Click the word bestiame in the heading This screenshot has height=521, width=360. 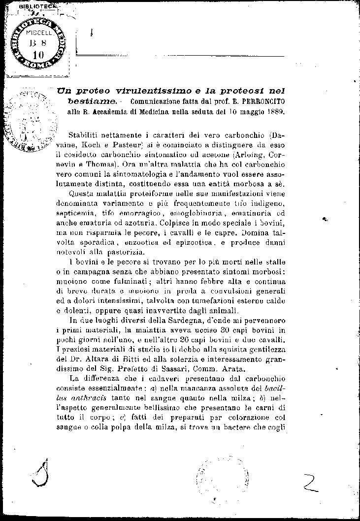point(93,101)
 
